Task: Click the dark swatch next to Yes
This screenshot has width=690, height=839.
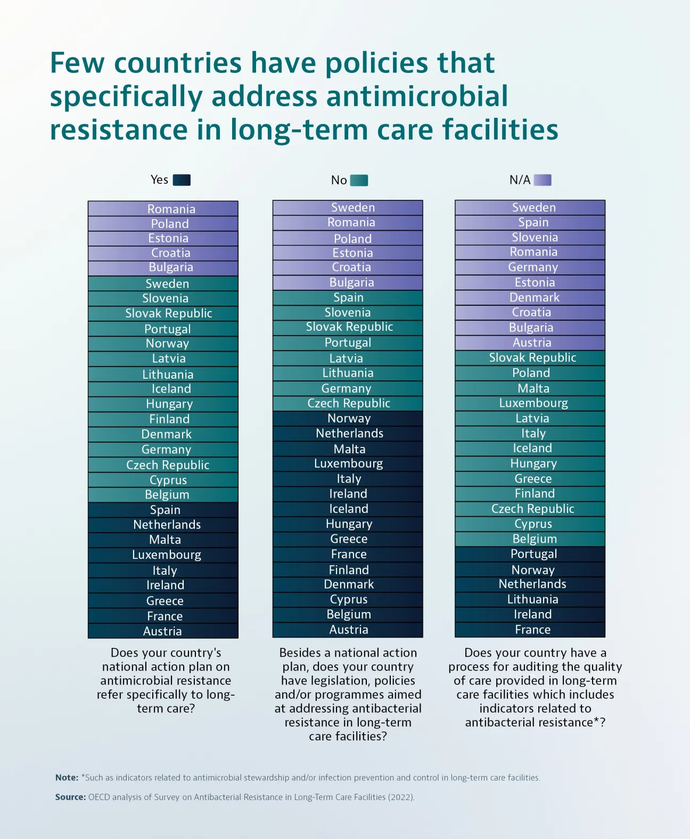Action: [x=182, y=180]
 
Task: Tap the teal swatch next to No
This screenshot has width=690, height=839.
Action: [x=359, y=181]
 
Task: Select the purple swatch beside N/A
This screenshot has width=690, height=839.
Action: [x=543, y=180]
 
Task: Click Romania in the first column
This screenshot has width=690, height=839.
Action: [x=171, y=209]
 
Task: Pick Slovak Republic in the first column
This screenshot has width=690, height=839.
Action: [x=169, y=313]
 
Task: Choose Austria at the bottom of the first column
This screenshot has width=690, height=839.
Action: [x=162, y=631]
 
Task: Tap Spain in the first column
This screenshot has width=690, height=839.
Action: [x=165, y=510]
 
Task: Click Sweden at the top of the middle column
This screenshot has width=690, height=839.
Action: [x=353, y=207]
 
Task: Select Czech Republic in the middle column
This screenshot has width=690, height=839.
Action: [x=349, y=403]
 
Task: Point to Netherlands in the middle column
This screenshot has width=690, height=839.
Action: [x=349, y=433]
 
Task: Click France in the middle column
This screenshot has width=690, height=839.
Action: [x=349, y=554]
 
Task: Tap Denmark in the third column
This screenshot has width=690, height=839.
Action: [x=534, y=297]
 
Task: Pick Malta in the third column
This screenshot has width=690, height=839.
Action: [x=533, y=388]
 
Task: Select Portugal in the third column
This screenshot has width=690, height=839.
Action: [x=533, y=554]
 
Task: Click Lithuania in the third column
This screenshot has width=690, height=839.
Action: [x=532, y=599]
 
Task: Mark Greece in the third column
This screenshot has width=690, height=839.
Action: [x=533, y=478]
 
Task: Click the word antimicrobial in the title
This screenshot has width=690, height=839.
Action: [x=417, y=96]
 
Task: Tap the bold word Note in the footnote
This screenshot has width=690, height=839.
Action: [x=67, y=778]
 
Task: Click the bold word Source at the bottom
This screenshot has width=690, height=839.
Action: [x=70, y=797]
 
